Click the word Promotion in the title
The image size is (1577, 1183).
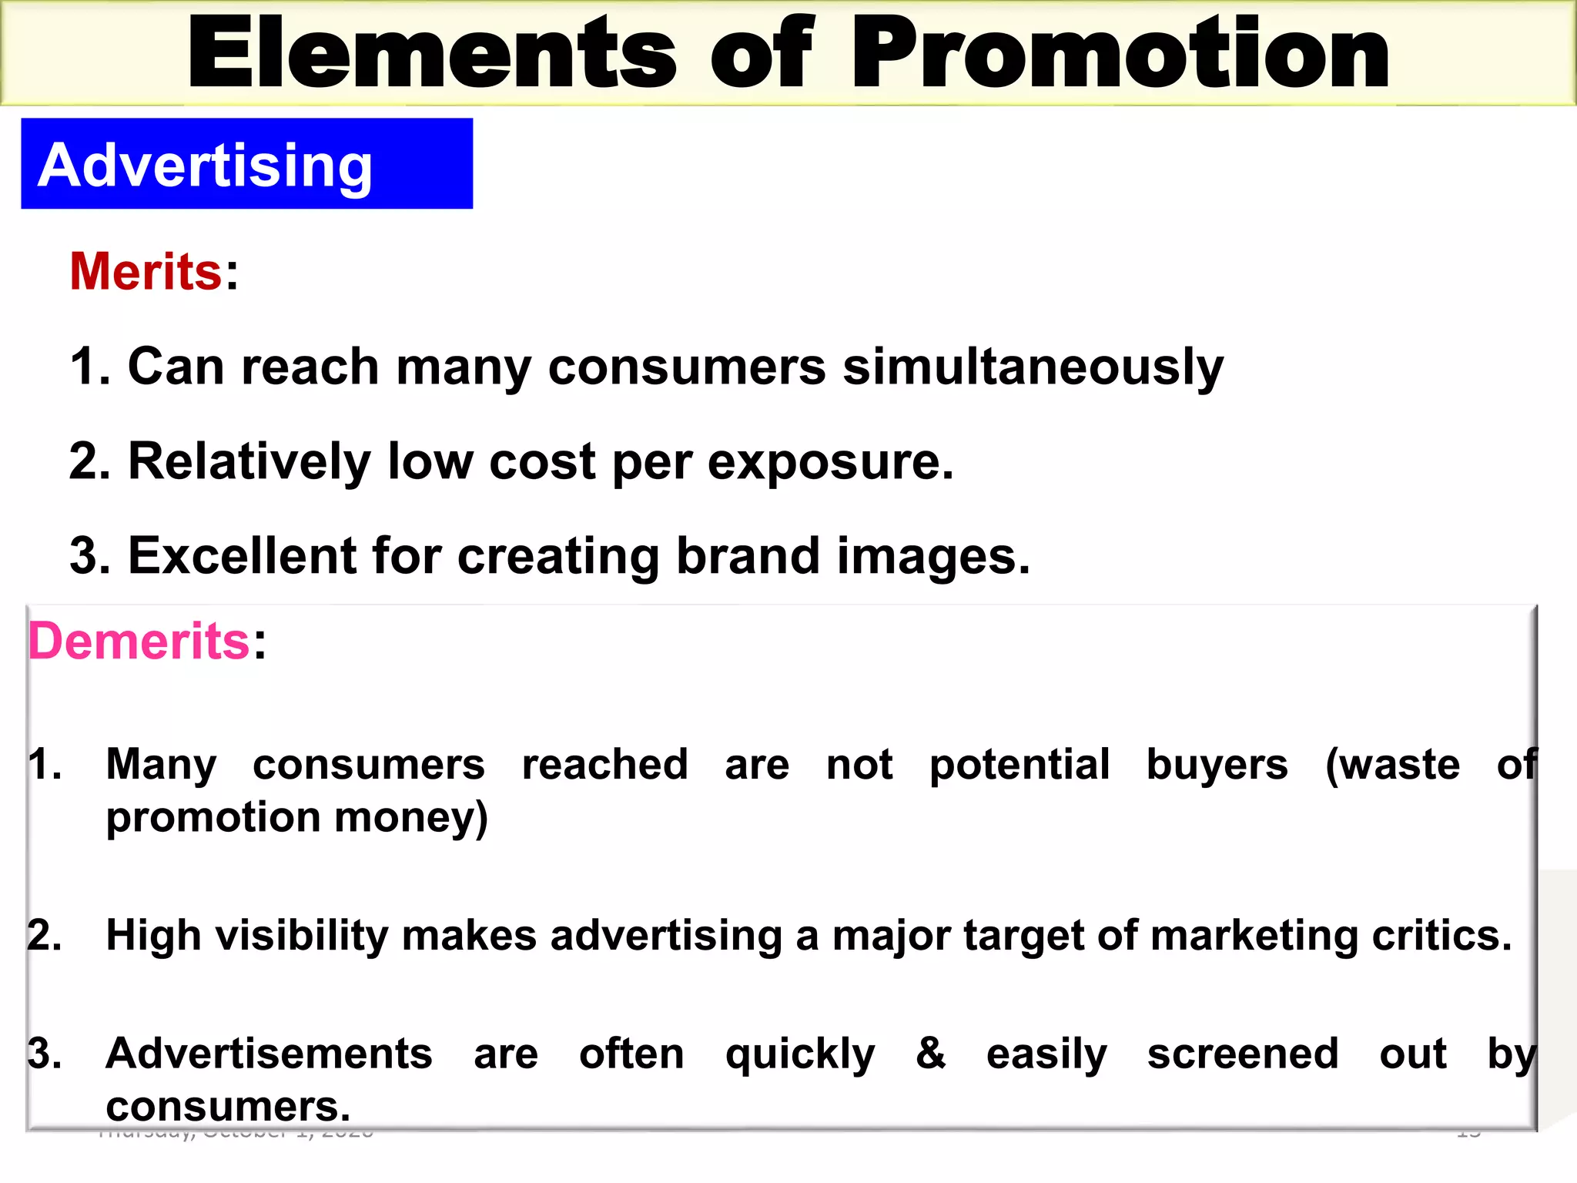coord(1120,54)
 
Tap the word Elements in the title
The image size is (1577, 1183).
coord(431,54)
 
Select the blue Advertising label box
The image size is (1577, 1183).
coord(246,163)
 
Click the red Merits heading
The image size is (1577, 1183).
coord(146,272)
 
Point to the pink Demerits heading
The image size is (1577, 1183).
coord(139,641)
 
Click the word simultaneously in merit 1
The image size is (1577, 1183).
coord(1033,367)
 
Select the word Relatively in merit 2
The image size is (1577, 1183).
coord(249,463)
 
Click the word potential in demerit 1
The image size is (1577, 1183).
coord(1020,766)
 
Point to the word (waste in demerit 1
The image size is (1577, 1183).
coord(1392,766)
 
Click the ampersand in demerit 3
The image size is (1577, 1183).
coord(931,1053)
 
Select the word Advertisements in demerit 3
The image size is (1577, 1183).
coord(269,1054)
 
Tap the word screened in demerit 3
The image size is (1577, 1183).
coord(1242,1054)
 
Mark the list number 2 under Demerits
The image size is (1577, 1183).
coord(44,937)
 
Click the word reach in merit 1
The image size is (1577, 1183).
coord(310,367)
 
